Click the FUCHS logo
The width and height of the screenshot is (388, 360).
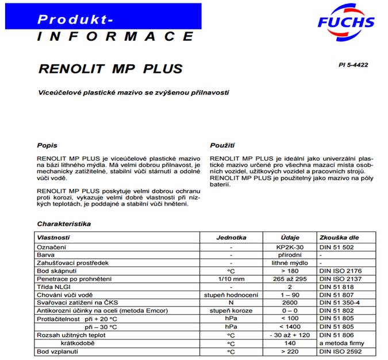click(x=346, y=22)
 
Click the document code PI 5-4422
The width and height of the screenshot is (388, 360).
click(x=353, y=65)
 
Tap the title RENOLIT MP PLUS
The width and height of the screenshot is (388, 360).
click(x=110, y=69)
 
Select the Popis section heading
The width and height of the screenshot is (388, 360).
click(x=47, y=145)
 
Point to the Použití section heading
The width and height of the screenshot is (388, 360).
click(x=223, y=145)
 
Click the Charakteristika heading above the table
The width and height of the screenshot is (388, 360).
click(x=64, y=223)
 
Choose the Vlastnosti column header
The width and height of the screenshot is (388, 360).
click(x=53, y=237)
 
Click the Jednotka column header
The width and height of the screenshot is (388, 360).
click(x=231, y=237)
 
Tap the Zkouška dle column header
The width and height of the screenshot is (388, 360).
click(x=341, y=237)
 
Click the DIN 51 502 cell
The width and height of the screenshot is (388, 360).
click(x=336, y=247)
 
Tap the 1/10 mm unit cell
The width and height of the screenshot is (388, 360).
click(x=231, y=278)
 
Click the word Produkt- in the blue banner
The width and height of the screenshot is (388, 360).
click(x=75, y=19)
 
